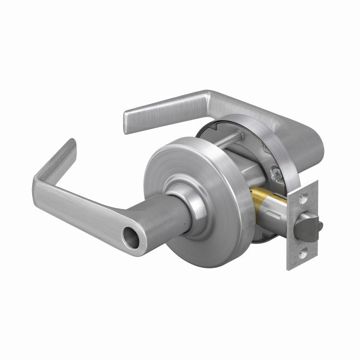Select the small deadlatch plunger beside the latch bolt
tap(319, 224)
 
